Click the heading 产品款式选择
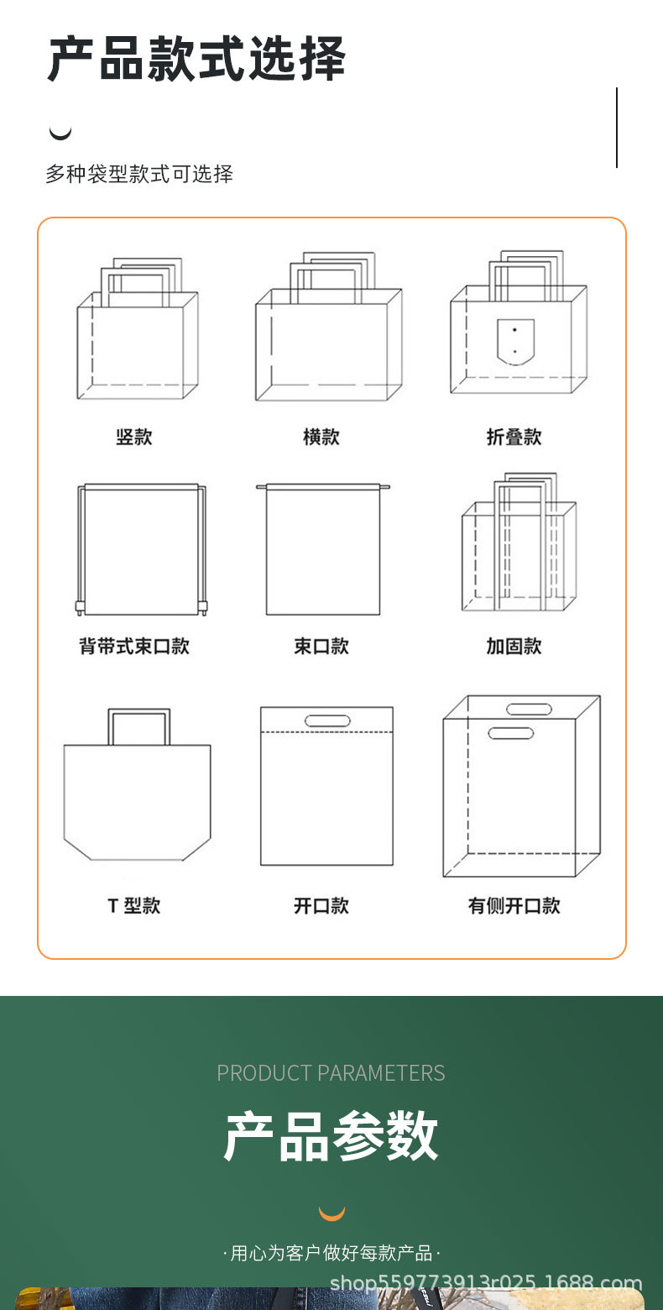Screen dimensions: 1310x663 click(x=196, y=59)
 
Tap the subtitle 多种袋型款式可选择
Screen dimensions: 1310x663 click(x=139, y=175)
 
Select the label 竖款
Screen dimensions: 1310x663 click(x=134, y=437)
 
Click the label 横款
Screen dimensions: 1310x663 click(x=321, y=437)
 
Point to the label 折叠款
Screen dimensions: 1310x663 click(x=514, y=437)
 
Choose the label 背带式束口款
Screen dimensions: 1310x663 click(x=134, y=646)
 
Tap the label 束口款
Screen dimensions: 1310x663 click(x=321, y=646)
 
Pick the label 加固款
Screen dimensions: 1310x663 click(x=514, y=646)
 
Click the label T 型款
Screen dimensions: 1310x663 click(x=134, y=905)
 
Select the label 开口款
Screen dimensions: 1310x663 click(x=321, y=905)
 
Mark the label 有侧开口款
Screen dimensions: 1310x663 click(x=514, y=905)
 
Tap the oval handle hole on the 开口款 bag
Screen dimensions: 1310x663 click(x=327, y=720)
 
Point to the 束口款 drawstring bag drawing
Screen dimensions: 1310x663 click(x=323, y=550)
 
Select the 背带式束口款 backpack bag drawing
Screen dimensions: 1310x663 click(x=141, y=550)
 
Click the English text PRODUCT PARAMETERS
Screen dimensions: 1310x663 click(x=331, y=1073)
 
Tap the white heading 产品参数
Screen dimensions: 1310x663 click(x=331, y=1136)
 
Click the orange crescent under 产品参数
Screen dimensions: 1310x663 click(x=331, y=1213)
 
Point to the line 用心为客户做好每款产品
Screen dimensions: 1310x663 click(x=331, y=1254)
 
